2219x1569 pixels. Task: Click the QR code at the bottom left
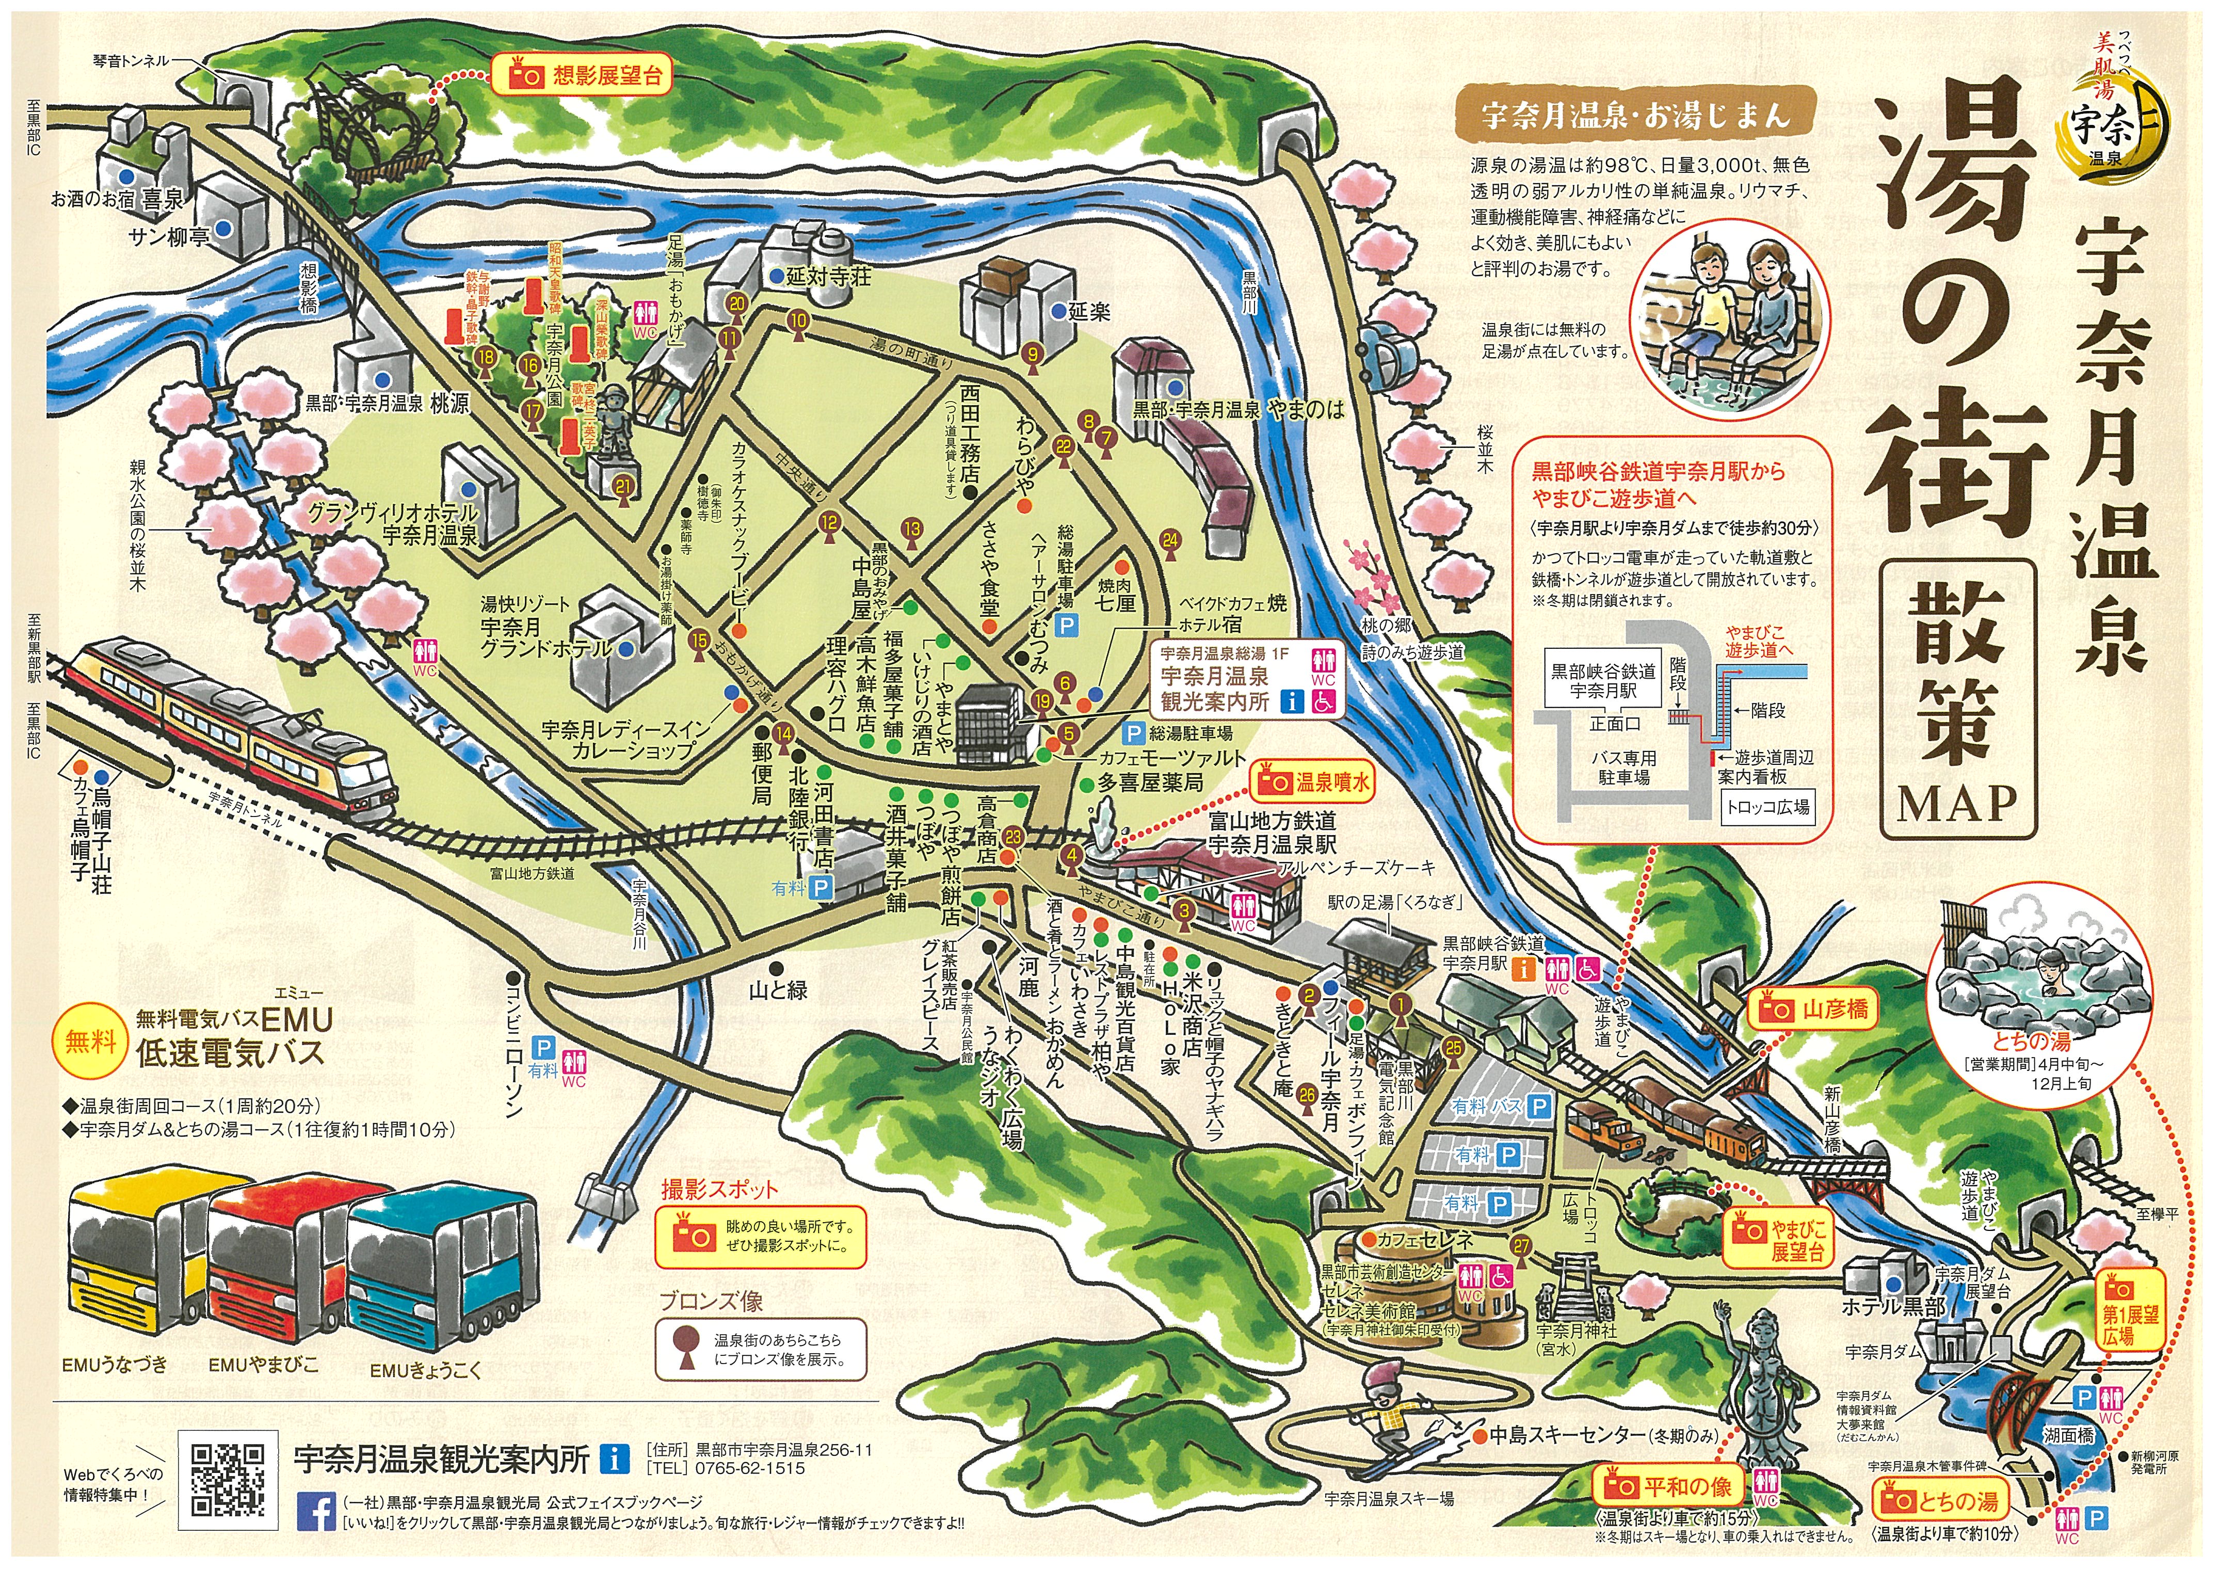228,1479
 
